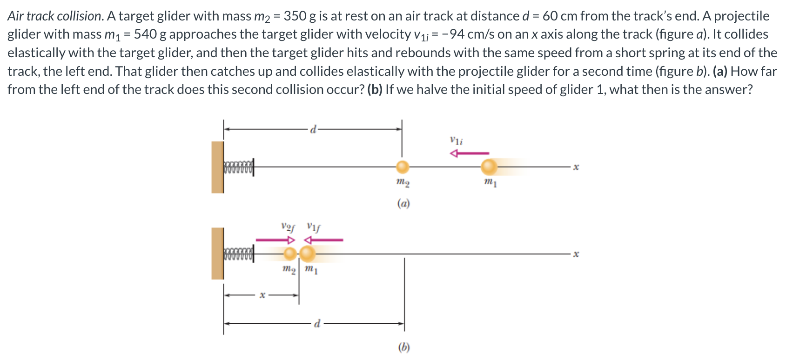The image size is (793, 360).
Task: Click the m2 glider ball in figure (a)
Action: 403,167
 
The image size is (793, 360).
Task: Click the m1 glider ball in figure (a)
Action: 489,167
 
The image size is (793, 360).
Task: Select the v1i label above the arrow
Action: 456,140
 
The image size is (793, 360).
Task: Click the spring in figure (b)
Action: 239,254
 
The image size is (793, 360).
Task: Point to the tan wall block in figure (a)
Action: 217,167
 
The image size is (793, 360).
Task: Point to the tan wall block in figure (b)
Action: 217,253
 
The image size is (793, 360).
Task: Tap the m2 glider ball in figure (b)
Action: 290,253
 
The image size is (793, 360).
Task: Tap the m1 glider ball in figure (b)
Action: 307,253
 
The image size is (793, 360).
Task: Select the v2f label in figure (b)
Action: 288,227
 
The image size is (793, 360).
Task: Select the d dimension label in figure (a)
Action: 314,129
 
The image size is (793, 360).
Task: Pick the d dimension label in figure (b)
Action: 317,323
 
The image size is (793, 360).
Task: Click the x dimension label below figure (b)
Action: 262,294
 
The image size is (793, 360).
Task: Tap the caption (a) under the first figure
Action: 403,203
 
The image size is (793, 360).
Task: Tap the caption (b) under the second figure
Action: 403,347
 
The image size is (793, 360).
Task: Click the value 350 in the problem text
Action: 295,16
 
